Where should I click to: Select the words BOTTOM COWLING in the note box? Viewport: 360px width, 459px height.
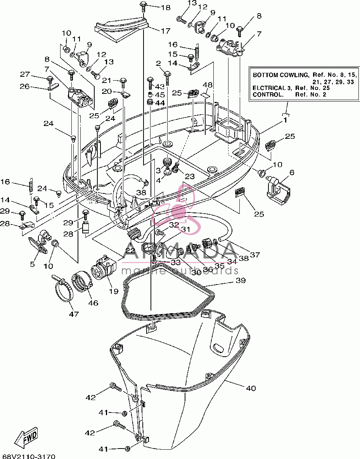(x=280, y=75)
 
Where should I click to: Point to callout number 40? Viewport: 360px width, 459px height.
(x=251, y=388)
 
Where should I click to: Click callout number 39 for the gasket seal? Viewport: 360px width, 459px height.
(x=241, y=280)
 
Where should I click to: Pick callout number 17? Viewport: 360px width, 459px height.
(x=166, y=31)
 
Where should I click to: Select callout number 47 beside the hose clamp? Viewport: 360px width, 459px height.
(x=74, y=314)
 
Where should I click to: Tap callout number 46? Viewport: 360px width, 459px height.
(x=93, y=303)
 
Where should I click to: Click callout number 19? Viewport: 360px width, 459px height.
(x=114, y=291)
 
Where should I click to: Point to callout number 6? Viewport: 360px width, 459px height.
(x=292, y=173)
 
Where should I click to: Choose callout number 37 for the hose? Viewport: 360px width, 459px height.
(x=255, y=255)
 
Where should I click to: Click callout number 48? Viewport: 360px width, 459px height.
(x=208, y=85)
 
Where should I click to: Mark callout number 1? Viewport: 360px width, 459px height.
(x=285, y=120)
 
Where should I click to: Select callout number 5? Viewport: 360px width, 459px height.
(x=32, y=264)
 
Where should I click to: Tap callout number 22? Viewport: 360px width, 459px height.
(x=130, y=251)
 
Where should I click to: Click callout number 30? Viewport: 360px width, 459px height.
(x=196, y=272)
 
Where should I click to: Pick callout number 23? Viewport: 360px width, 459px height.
(x=190, y=176)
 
